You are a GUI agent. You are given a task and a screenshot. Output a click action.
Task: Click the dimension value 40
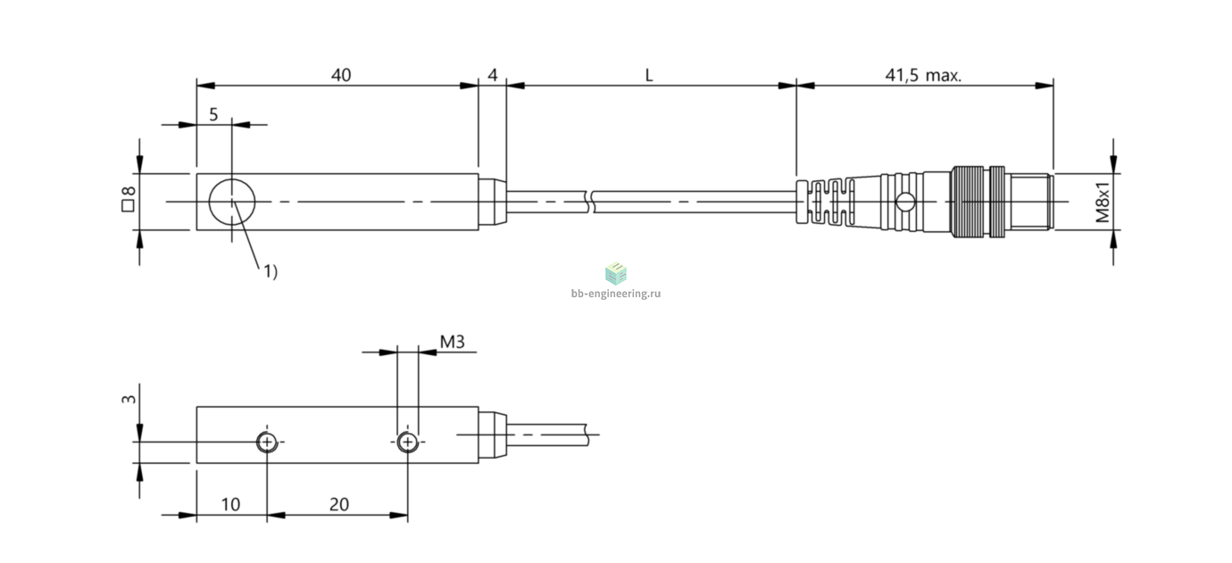pyautogui.click(x=341, y=75)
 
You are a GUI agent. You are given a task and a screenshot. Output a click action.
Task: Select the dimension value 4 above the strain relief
pyautogui.click(x=492, y=75)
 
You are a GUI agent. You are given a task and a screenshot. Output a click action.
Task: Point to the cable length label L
pyautogui.click(x=649, y=75)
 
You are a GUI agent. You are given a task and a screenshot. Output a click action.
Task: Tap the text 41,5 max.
pyautogui.click(x=923, y=75)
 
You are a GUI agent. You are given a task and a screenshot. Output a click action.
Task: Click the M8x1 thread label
pyautogui.click(x=1103, y=202)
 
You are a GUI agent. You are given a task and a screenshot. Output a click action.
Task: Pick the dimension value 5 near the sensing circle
pyautogui.click(x=213, y=114)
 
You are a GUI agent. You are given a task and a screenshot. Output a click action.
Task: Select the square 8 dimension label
pyautogui.click(x=129, y=198)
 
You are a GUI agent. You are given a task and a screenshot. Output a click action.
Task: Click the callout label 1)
pyautogui.click(x=271, y=271)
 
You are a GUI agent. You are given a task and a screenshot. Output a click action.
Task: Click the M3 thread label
pyautogui.click(x=452, y=342)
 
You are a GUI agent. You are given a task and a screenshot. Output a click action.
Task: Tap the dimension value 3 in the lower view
pyautogui.click(x=129, y=399)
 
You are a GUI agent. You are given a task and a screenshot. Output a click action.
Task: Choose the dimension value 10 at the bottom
pyautogui.click(x=230, y=504)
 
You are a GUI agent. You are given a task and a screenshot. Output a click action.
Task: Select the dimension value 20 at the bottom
pyautogui.click(x=339, y=504)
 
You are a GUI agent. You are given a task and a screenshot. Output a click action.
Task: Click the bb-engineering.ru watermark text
pyautogui.click(x=616, y=294)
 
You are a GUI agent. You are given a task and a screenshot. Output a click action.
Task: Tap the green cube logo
pyautogui.click(x=616, y=273)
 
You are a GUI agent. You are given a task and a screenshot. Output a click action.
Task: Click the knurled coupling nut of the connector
pyautogui.click(x=968, y=202)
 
